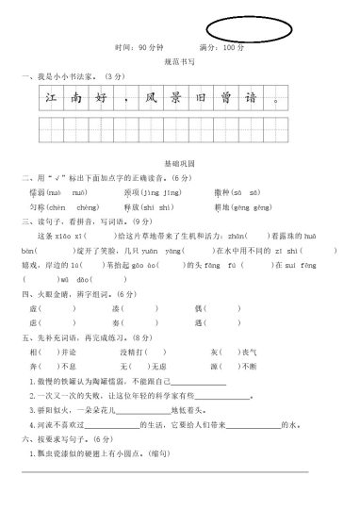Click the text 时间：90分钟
coord(136,46)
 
